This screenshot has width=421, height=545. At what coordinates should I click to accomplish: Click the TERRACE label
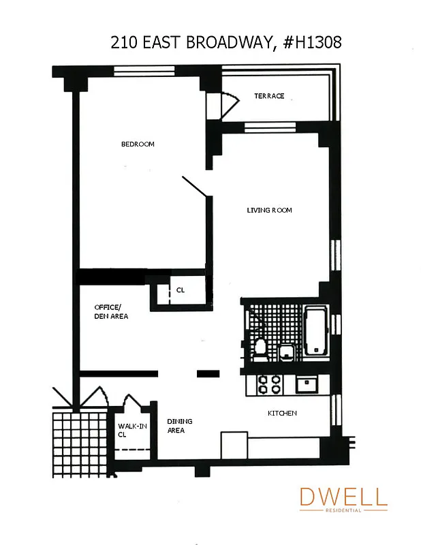pyautogui.click(x=269, y=96)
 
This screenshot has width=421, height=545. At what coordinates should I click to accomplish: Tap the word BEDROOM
pyautogui.click(x=138, y=144)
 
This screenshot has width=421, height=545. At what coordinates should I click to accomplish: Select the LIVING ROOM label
pyautogui.click(x=269, y=210)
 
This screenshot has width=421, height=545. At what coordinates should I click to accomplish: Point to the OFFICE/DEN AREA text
pyautogui.click(x=111, y=311)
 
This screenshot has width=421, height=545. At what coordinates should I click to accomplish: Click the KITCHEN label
pyautogui.click(x=282, y=413)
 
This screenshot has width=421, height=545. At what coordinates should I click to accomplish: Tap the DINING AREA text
pyautogui.click(x=176, y=426)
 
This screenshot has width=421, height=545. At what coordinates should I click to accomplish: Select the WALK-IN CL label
pyautogui.click(x=132, y=430)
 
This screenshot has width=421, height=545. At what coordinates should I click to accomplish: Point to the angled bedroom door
pyautogui.click(x=196, y=188)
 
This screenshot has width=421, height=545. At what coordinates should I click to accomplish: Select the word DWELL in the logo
pyautogui.click(x=343, y=497)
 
